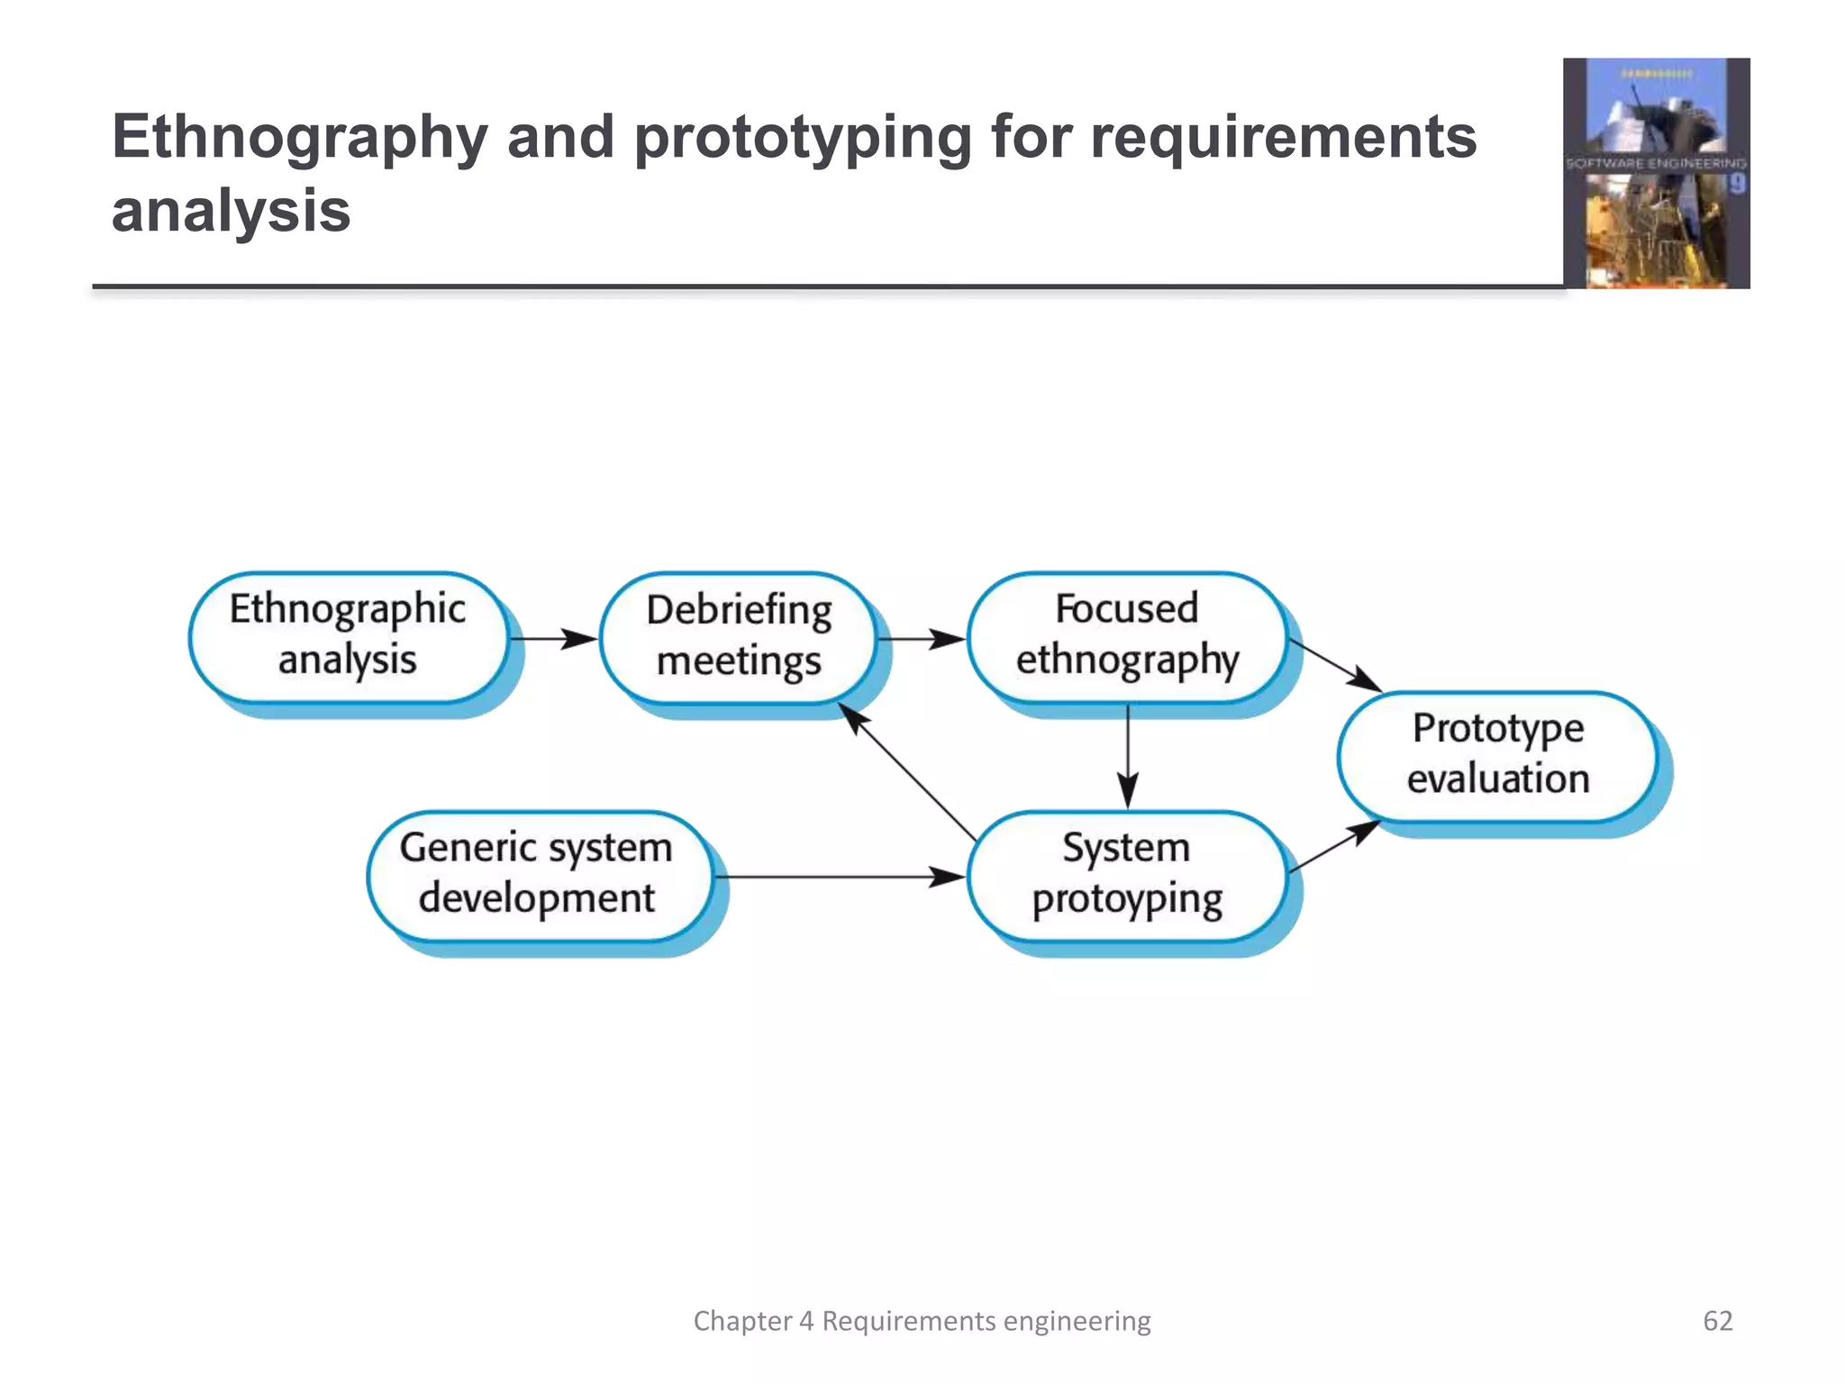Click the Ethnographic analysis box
[x=348, y=637]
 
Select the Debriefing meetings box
[x=738, y=637]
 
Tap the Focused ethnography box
[x=1127, y=637]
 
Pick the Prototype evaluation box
[x=1497, y=755]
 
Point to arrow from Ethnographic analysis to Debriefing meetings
[x=553, y=639]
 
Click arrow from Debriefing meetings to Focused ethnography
[x=921, y=639]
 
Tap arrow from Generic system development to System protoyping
[x=838, y=877]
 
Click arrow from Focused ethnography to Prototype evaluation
[x=1335, y=666]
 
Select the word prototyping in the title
[x=803, y=139]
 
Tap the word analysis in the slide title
[x=231, y=212]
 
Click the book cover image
[x=1656, y=173]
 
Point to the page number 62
[x=1717, y=1321]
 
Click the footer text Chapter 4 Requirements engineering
[x=922, y=1321]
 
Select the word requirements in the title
[x=1283, y=139]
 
